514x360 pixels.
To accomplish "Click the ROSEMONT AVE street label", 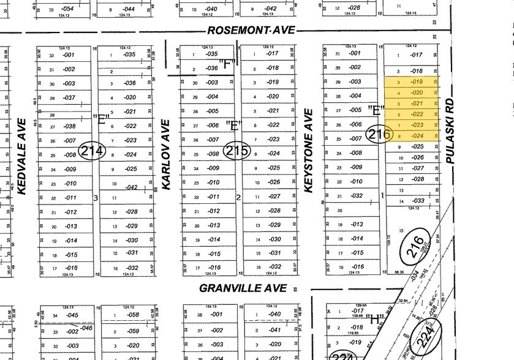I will (251, 30).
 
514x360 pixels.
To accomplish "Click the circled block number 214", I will (93, 150).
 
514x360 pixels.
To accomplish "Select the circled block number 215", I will (237, 150).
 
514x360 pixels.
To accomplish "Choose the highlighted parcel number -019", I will (417, 82).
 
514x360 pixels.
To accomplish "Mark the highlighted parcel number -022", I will (417, 114).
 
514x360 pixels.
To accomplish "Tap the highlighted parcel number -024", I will (417, 136).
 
